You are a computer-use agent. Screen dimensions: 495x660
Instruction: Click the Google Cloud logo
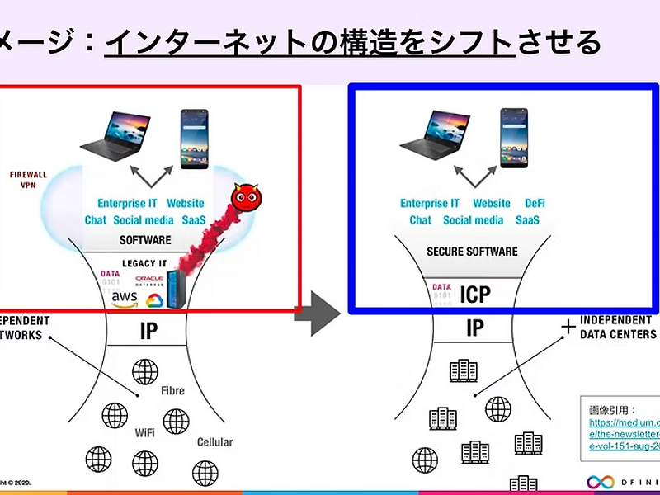154,300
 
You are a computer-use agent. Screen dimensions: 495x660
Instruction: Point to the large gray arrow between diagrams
318,312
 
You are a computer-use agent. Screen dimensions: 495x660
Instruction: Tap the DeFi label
535,204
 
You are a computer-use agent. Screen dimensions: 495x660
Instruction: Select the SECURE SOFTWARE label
472,251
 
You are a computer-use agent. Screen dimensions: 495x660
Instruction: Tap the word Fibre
172,390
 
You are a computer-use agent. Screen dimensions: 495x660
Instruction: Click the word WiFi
145,432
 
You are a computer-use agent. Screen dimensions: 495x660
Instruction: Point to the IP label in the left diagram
148,331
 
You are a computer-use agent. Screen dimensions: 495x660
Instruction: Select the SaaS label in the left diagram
193,220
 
